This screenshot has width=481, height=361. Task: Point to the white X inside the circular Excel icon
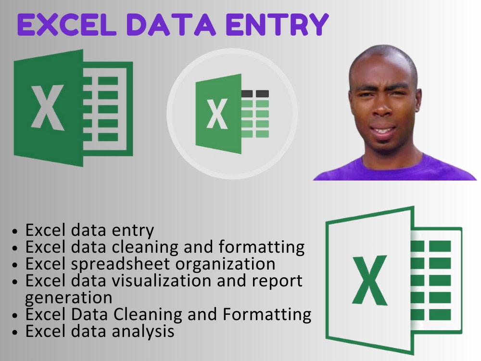(x=217, y=114)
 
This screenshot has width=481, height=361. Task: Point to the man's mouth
(x=384, y=131)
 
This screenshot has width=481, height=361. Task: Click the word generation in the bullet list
(x=68, y=297)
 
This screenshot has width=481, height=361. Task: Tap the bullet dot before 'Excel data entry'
(x=16, y=231)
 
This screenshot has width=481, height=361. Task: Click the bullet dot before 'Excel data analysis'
(x=16, y=332)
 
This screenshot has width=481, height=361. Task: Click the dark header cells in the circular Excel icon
(x=255, y=93)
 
